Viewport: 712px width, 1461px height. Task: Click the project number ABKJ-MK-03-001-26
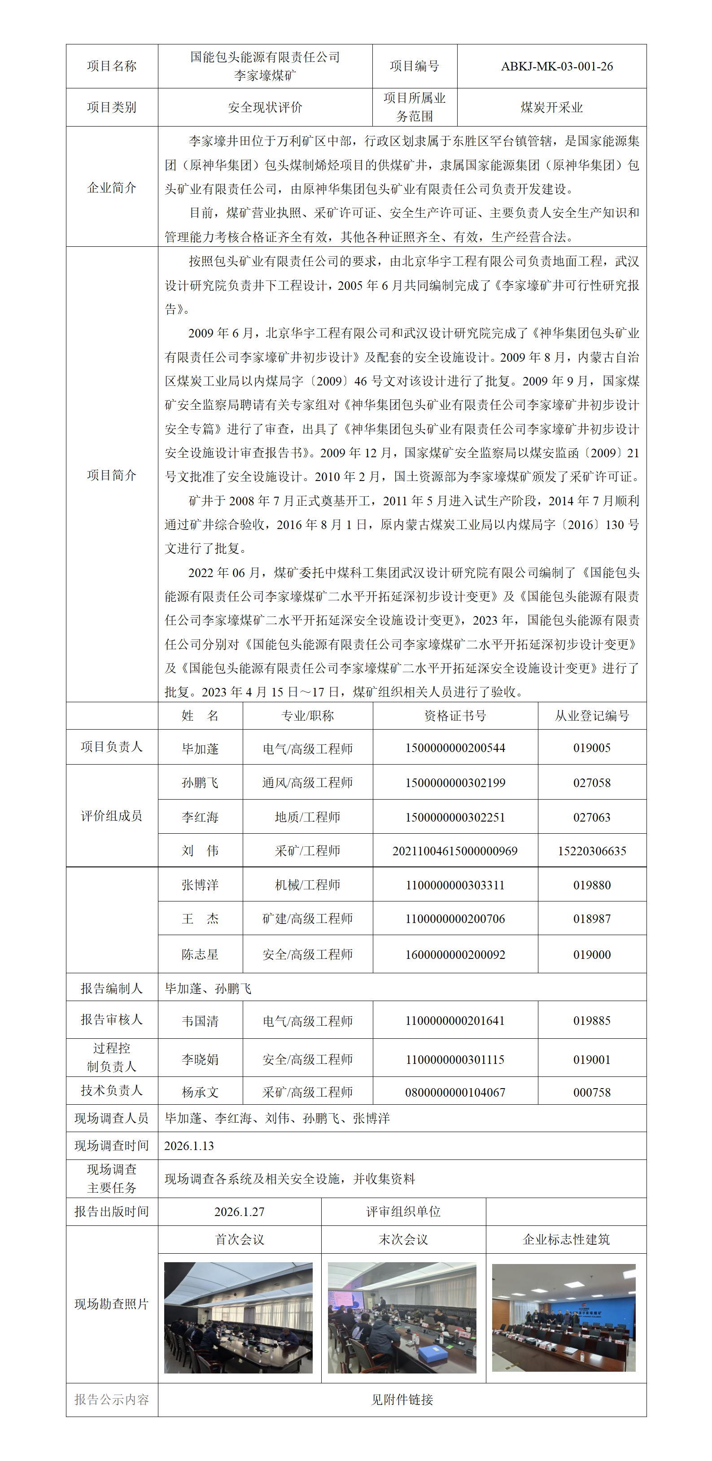[557, 66]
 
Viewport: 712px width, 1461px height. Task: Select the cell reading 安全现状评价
[265, 107]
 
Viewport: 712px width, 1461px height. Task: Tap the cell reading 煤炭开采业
[551, 107]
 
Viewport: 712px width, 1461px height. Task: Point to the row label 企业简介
[112, 188]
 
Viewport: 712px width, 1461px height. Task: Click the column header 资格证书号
[455, 716]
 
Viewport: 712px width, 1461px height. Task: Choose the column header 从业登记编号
[592, 716]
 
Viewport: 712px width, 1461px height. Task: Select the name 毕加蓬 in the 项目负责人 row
[200, 748]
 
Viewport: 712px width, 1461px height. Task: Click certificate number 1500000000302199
[455, 783]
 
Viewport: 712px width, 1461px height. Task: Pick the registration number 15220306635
[592, 851]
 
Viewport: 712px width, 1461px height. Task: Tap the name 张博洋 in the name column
[200, 885]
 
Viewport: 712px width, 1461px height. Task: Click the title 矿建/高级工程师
[308, 919]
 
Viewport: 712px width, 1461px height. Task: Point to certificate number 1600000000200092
[455, 954]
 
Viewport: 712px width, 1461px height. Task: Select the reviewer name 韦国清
[200, 1021]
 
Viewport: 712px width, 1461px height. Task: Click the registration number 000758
[592, 1092]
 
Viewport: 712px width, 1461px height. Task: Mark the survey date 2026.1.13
[189, 1146]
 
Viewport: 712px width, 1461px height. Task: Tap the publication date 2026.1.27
[239, 1212]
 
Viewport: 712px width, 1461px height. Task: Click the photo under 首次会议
[238, 1317]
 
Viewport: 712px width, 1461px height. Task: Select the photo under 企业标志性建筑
[563, 1317]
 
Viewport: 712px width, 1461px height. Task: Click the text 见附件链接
[402, 1400]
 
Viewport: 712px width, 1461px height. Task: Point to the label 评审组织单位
[403, 1212]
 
